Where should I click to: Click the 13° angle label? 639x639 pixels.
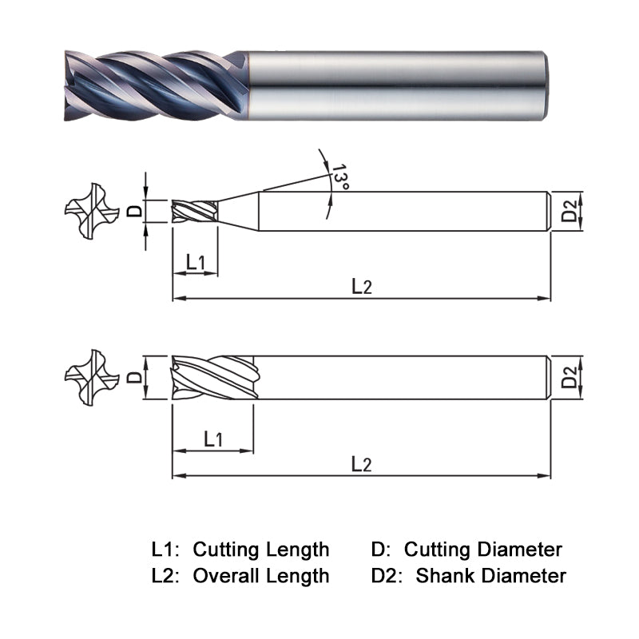(x=341, y=177)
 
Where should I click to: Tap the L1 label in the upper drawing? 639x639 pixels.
(x=196, y=261)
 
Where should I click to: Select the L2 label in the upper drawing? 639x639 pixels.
(x=362, y=286)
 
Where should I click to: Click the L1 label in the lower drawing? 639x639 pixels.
(x=213, y=439)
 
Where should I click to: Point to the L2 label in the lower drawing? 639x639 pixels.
(x=362, y=464)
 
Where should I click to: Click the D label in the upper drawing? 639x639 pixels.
(x=136, y=211)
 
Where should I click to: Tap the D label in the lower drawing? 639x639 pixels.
(x=136, y=375)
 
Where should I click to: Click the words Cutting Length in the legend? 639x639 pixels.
(x=261, y=550)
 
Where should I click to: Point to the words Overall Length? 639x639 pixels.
(x=261, y=575)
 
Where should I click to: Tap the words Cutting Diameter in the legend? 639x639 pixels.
(x=482, y=550)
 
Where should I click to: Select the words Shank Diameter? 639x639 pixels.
(x=490, y=575)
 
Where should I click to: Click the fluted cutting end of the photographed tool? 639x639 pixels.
(x=152, y=86)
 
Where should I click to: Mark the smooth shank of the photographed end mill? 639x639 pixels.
(x=391, y=86)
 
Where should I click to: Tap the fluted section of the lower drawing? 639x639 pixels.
(x=213, y=376)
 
